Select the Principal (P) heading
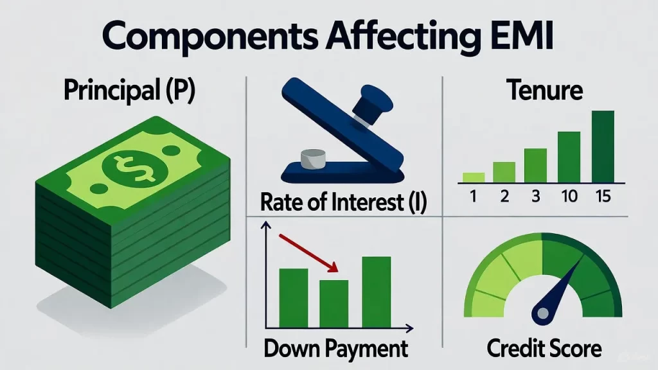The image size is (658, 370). point(129,92)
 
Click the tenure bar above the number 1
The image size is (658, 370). point(473,177)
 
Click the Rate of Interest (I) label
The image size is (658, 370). point(344,204)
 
